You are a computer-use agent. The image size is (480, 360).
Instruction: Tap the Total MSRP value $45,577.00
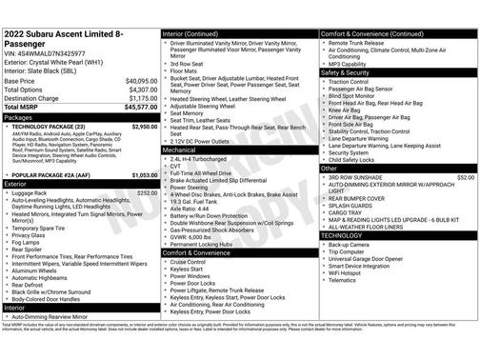(x=139, y=107)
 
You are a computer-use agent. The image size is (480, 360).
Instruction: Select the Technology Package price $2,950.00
(x=144, y=126)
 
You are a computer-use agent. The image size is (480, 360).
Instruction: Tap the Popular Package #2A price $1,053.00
(x=144, y=175)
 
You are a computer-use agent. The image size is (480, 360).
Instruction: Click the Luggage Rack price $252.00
(x=147, y=192)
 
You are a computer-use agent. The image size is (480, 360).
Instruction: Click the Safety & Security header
(x=345, y=72)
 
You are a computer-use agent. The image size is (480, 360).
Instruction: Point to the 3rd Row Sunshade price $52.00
(x=465, y=177)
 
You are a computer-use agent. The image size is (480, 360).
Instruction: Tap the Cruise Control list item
(x=190, y=260)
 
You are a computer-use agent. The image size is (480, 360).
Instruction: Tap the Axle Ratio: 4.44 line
(x=190, y=209)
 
